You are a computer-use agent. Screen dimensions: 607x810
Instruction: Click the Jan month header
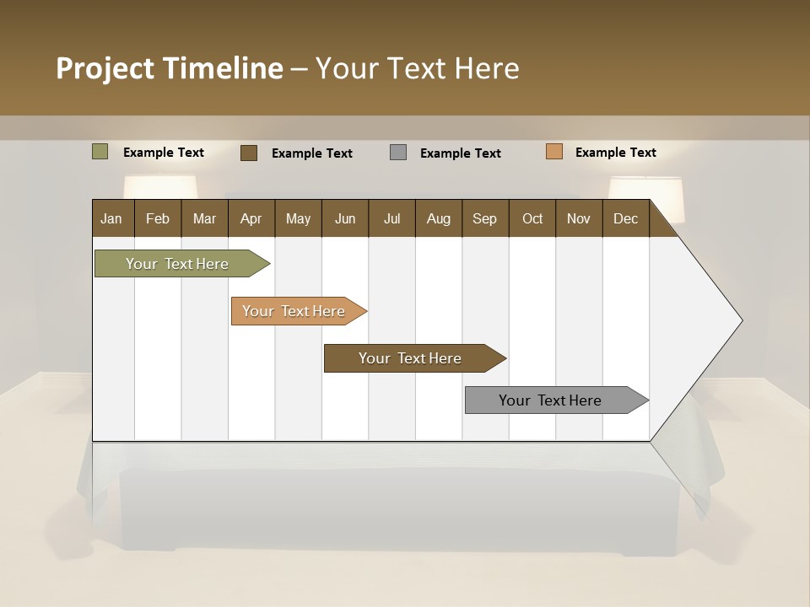tap(112, 218)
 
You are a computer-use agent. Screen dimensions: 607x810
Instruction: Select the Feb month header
tap(158, 218)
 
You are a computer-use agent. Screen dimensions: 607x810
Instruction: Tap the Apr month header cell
tap(251, 218)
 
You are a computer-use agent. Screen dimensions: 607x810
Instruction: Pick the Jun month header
tap(345, 218)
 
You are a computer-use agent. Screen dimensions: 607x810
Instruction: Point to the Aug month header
tap(439, 218)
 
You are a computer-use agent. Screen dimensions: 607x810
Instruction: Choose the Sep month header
tap(485, 218)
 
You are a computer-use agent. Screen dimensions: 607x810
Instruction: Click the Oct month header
tap(532, 218)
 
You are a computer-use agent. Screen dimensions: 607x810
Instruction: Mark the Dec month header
tap(626, 218)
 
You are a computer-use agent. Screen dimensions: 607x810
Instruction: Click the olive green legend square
tap(100, 152)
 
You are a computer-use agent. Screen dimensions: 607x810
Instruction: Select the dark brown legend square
tap(249, 153)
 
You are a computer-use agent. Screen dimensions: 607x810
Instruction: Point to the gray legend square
tap(398, 153)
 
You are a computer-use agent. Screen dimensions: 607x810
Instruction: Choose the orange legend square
tap(553, 152)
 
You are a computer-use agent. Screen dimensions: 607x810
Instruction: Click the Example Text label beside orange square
tap(615, 153)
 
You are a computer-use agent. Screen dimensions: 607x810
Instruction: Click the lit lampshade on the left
tap(160, 186)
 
